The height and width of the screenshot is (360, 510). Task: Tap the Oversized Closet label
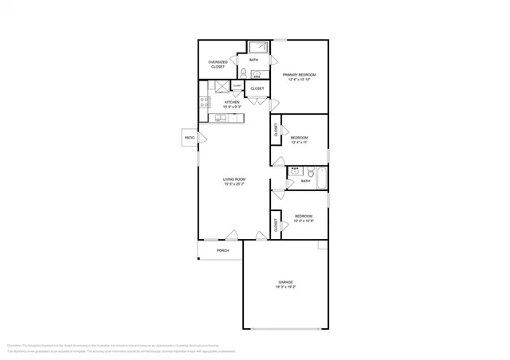[x=218, y=64]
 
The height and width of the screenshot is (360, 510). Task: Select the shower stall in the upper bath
[x=259, y=47]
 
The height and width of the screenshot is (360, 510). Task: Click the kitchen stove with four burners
[x=204, y=101]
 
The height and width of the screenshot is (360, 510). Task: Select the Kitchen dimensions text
[x=232, y=107]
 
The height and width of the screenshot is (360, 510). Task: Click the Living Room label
[x=233, y=179]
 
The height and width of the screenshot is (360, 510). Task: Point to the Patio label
[x=190, y=138]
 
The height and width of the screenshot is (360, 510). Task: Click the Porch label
[x=223, y=251]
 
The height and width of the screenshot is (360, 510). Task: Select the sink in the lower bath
[x=295, y=170]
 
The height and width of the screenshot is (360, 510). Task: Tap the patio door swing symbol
[x=202, y=138]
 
